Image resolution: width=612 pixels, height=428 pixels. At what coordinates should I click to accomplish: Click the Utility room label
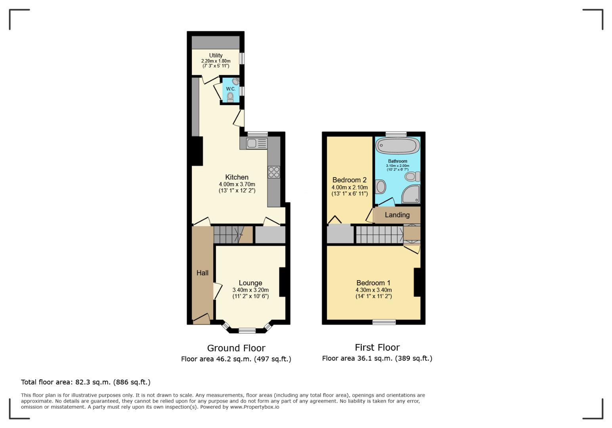point(216,55)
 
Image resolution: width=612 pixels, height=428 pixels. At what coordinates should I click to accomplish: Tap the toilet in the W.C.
point(230,97)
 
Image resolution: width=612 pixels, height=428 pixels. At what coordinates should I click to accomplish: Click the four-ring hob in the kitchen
point(274,172)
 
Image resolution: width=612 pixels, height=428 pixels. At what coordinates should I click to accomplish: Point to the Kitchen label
point(237,177)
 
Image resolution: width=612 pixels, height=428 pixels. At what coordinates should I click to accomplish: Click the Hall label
point(202,273)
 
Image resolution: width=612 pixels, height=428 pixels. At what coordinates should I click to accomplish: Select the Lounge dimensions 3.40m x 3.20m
point(251,290)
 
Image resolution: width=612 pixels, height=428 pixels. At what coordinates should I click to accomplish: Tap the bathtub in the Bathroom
point(397,145)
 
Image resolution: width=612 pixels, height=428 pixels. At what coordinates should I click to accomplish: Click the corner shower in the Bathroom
point(411,194)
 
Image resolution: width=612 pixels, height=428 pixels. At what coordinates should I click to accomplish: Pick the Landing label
point(397,215)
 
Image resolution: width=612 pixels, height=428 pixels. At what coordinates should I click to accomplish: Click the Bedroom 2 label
point(349,180)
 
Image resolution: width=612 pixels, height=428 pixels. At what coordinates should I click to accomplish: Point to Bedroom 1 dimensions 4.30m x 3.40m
point(373,290)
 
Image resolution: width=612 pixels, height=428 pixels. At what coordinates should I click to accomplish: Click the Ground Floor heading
point(236,348)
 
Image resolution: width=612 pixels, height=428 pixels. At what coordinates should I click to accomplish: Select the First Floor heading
point(377,348)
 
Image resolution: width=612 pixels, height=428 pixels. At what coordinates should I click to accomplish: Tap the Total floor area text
point(86,382)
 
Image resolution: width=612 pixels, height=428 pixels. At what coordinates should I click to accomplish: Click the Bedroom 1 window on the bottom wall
point(384,322)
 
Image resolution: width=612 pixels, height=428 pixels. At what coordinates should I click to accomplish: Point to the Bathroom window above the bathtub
point(396,134)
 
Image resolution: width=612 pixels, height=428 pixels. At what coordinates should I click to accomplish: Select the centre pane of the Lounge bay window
point(247,330)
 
